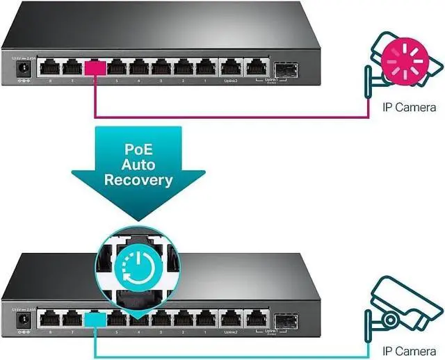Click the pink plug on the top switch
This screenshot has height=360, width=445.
[x=94, y=67]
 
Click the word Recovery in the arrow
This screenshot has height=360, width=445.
[x=138, y=180]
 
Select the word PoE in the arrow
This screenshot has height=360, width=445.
[x=138, y=149]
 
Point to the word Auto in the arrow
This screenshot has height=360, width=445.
[x=138, y=165]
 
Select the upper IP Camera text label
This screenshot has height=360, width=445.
[x=410, y=107]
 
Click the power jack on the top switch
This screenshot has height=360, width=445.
[x=24, y=68]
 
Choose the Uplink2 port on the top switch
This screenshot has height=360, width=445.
[x=230, y=68]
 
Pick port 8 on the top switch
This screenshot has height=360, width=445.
[x=49, y=68]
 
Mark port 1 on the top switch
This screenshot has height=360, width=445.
[x=205, y=68]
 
